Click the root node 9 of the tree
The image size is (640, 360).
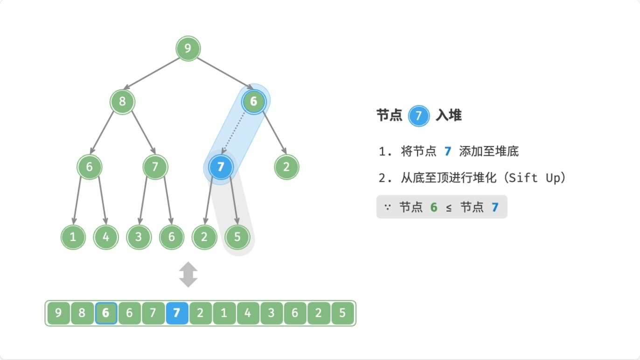click(188, 48)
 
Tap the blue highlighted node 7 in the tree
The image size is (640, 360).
click(221, 167)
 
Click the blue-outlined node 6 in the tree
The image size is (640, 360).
click(253, 101)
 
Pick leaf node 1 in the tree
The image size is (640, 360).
click(73, 237)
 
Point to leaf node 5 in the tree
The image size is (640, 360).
click(237, 237)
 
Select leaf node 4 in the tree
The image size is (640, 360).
click(106, 237)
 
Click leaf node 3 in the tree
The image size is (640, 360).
click(139, 237)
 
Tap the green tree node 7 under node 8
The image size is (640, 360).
click(155, 167)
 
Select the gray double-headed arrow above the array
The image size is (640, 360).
click(188, 275)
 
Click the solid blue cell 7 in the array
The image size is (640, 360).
click(176, 313)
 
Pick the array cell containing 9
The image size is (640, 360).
click(58, 313)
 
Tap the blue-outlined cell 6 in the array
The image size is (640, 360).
click(106, 313)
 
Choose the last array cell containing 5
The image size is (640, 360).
click(343, 313)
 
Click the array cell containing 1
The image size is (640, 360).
click(224, 313)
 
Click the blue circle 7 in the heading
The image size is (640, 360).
click(418, 116)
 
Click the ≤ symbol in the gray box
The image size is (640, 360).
click(448, 207)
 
